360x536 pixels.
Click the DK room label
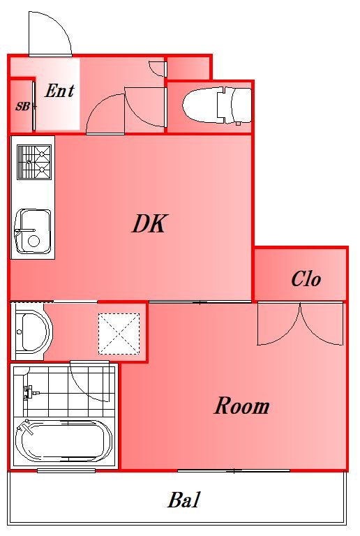tap(149, 223)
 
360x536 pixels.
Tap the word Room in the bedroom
tap(242, 405)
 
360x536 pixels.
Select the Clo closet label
tap(306, 278)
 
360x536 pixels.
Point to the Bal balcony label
tap(183, 500)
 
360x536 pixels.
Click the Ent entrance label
tap(59, 91)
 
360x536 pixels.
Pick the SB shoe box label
tap(22, 107)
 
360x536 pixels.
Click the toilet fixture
tap(217, 105)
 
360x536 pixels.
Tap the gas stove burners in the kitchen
tap(34, 162)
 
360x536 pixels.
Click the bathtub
tap(64, 442)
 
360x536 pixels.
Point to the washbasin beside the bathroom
tap(31, 331)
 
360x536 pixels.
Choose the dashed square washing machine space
tap(119, 334)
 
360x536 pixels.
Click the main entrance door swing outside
tap(50, 33)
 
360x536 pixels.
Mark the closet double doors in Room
tap(300, 324)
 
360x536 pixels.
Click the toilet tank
tap(242, 105)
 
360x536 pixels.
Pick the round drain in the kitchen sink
tap(33, 241)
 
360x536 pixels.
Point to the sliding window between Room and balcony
tap(234, 470)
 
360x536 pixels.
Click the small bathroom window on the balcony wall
tap(66, 470)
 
